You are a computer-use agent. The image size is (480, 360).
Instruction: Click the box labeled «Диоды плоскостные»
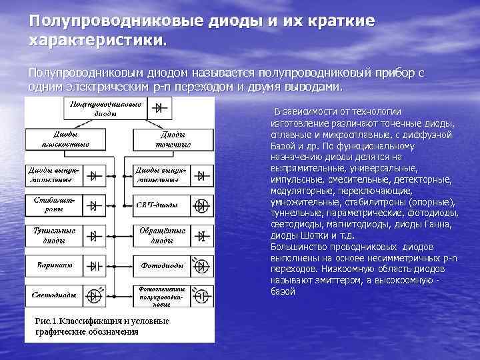click(x=51, y=139)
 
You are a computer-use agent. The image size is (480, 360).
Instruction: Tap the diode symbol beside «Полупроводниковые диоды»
click(x=158, y=109)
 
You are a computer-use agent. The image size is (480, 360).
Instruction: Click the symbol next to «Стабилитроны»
click(x=94, y=204)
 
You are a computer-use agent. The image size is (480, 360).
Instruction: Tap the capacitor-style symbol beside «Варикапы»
click(x=94, y=265)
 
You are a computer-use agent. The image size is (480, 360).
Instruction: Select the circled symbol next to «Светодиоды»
click(x=94, y=295)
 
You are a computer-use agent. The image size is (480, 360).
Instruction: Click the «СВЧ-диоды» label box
click(x=159, y=204)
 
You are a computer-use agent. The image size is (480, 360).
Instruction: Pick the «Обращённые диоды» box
click(x=159, y=235)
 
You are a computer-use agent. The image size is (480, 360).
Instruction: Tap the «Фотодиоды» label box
click(x=159, y=265)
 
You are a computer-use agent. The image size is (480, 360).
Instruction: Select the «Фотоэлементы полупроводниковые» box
click(x=159, y=295)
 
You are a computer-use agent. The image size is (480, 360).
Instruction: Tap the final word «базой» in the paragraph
click(x=283, y=291)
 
